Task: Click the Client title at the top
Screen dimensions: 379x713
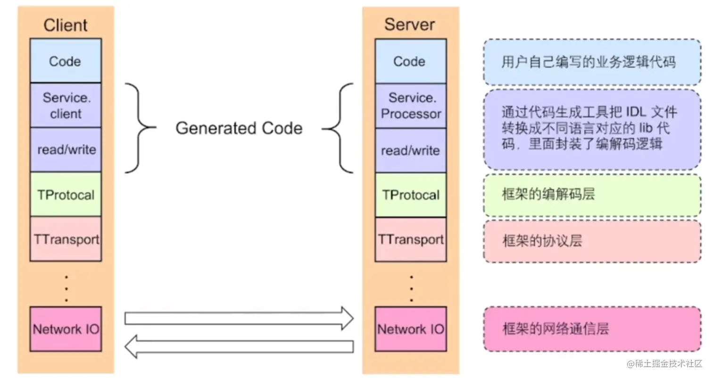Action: [x=66, y=25]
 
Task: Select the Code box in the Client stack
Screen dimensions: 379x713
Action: [x=66, y=61]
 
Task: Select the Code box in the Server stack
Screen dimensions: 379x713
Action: [x=410, y=61]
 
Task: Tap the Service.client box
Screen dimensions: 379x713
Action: [x=66, y=105]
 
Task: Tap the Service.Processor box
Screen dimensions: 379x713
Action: [x=410, y=106]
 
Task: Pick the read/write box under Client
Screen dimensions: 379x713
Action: [x=66, y=150]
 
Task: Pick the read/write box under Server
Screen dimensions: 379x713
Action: [x=410, y=151]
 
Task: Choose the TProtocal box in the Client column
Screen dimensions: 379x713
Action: [x=66, y=194]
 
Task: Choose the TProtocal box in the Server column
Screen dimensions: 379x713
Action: [x=410, y=195]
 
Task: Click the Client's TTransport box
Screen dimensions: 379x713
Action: [x=66, y=239]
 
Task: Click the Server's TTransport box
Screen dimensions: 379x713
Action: [x=410, y=239]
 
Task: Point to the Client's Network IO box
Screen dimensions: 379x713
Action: [x=66, y=328]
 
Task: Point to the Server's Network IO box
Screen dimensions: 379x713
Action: [x=410, y=329]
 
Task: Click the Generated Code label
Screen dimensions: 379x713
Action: [x=239, y=128]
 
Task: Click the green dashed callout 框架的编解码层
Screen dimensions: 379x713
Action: [x=592, y=194]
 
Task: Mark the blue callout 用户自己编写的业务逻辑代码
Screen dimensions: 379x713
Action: [x=592, y=62]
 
